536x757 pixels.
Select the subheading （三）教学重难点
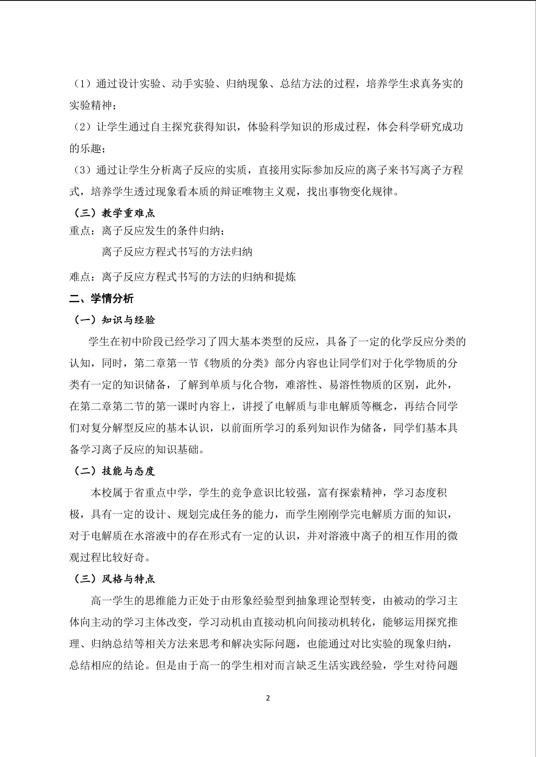point(112,213)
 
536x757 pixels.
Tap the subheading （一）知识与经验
point(112,320)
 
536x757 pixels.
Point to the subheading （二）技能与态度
point(112,471)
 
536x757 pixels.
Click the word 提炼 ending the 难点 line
point(285,277)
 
